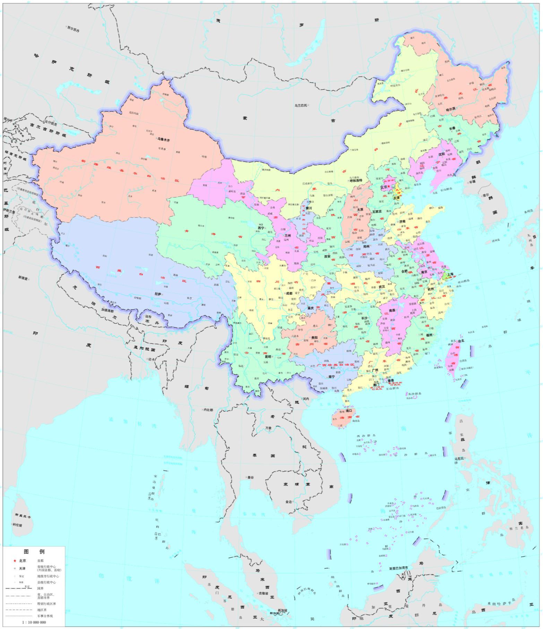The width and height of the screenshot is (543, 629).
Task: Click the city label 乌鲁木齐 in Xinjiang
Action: click(x=164, y=140)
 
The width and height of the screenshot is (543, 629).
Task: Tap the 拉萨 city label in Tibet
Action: click(x=158, y=294)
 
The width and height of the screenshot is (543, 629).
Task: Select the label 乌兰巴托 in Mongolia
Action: click(x=301, y=105)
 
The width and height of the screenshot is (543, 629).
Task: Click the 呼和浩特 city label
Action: click(x=355, y=181)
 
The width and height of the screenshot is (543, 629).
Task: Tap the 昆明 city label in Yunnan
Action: click(x=268, y=356)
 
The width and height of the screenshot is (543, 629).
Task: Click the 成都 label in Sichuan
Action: click(x=288, y=293)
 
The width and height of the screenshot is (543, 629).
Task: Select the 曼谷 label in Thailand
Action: click(x=250, y=477)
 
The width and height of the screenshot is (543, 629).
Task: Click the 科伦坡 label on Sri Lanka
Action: click(x=17, y=525)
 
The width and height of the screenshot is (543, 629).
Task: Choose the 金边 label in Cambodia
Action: click(x=288, y=501)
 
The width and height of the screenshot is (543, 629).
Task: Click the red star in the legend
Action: click(x=15, y=560)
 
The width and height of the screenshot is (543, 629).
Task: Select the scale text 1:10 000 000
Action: click(x=34, y=622)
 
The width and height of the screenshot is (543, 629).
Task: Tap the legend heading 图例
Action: click(x=34, y=552)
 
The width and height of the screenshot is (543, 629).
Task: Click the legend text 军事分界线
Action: click(x=45, y=616)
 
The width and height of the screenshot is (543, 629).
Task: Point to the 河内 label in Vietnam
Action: click(x=305, y=399)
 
